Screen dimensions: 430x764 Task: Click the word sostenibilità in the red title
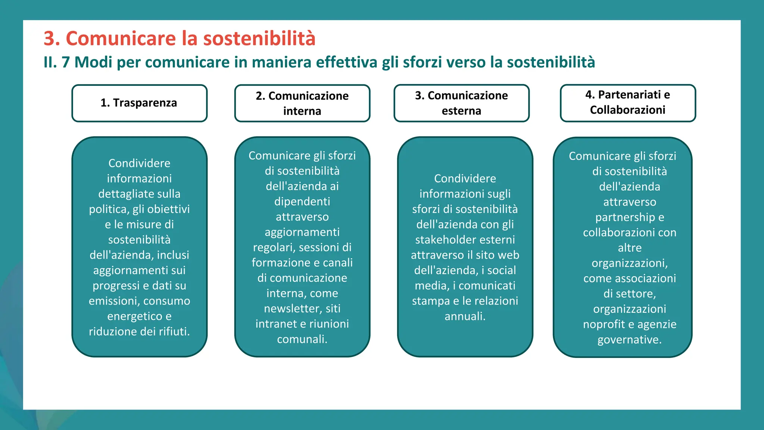tap(259, 38)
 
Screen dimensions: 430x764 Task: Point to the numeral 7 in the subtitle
tap(66, 62)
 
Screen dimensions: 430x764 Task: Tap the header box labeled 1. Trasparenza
tap(139, 103)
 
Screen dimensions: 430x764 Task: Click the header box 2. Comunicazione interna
tap(302, 103)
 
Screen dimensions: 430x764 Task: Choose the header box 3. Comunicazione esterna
tap(461, 103)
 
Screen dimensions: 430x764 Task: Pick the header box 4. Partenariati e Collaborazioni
tap(628, 103)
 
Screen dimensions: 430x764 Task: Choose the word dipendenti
tap(302, 202)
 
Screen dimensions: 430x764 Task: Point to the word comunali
tap(302, 339)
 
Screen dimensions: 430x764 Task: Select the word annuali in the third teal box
tap(465, 317)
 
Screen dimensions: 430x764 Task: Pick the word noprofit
tap(605, 324)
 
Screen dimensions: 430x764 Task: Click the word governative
tap(629, 340)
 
